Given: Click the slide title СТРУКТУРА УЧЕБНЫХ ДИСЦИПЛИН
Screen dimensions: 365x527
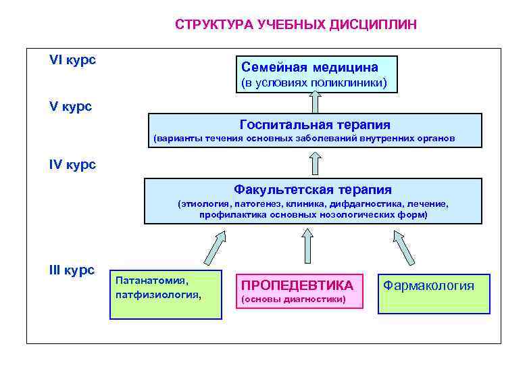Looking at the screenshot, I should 296,25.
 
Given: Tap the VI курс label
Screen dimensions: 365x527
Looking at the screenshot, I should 72,60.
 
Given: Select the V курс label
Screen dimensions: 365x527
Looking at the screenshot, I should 70,106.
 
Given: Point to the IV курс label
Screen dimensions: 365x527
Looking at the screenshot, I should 72,164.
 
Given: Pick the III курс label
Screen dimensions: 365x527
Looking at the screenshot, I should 72,270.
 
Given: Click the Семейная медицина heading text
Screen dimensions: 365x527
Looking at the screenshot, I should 309,68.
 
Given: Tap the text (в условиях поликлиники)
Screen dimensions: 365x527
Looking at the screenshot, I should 314,82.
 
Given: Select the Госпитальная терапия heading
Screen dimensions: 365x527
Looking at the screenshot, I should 314,125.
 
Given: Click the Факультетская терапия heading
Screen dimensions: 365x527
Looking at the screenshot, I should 313,190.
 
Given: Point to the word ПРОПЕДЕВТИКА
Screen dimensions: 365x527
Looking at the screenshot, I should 297,285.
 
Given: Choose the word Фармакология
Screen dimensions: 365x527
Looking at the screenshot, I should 428,285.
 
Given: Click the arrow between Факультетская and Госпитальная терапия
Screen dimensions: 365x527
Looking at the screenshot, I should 314,164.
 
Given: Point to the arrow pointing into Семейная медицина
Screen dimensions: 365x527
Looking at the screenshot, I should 314,102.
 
